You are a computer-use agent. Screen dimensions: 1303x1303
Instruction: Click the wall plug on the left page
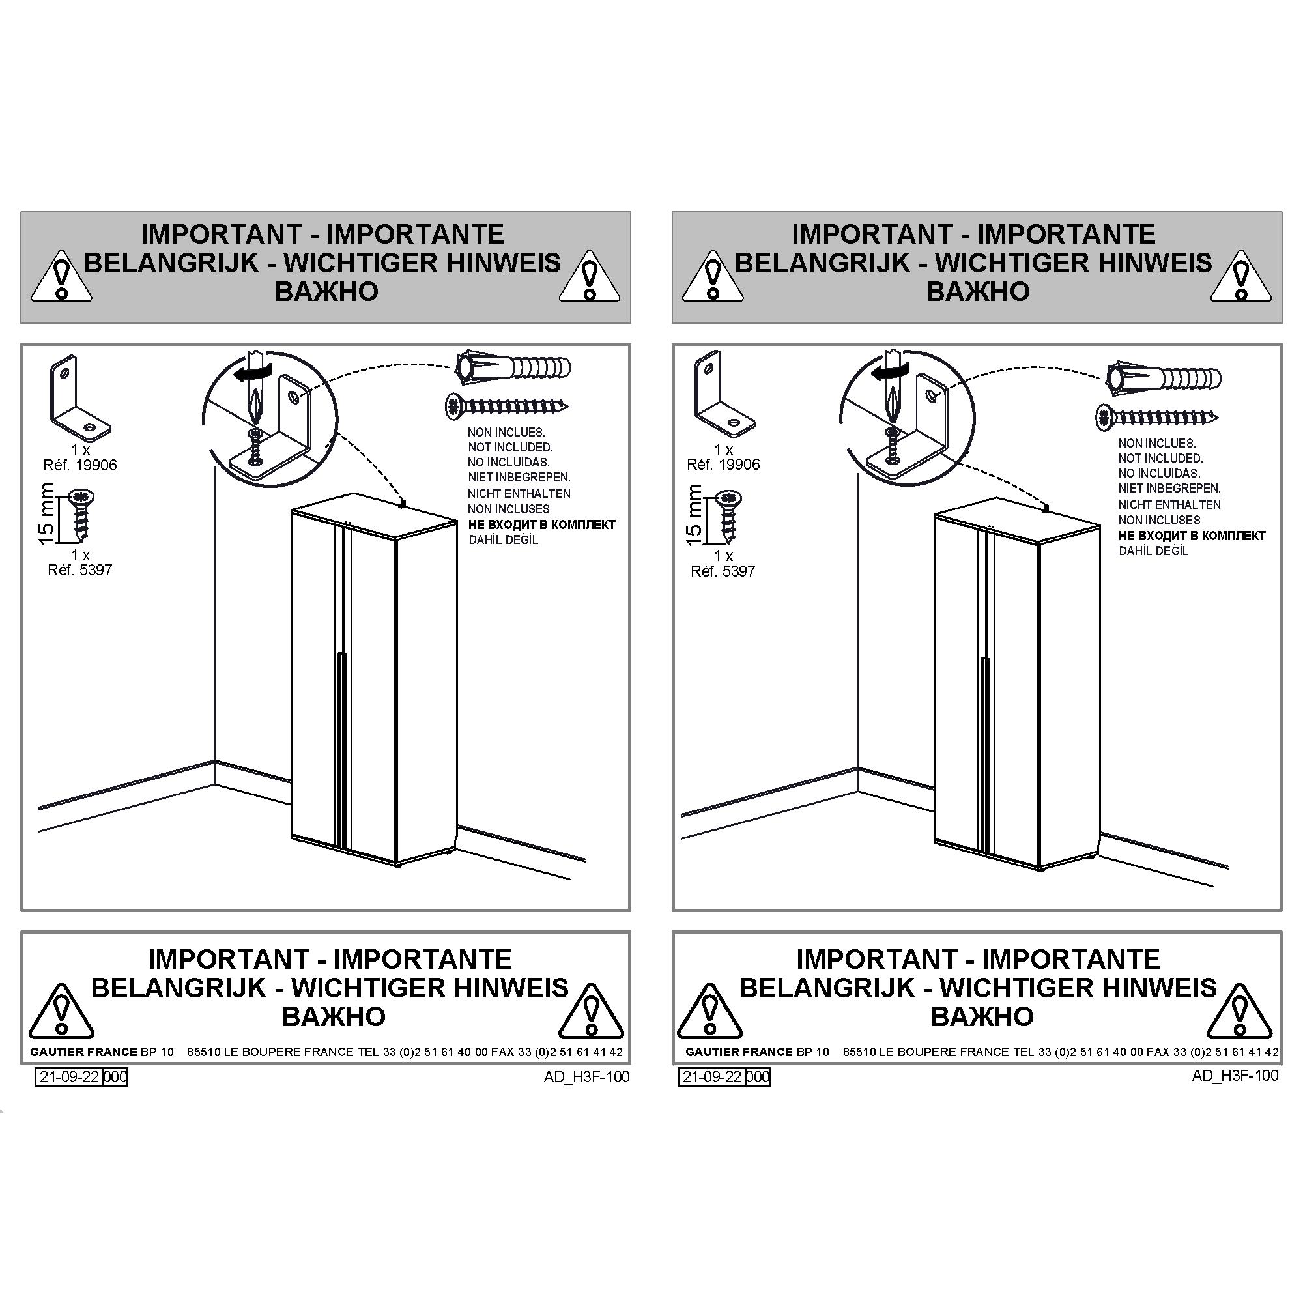click(513, 368)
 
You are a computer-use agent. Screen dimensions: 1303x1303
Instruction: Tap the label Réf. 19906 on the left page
click(80, 465)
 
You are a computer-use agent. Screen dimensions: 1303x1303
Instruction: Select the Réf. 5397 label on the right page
click(723, 571)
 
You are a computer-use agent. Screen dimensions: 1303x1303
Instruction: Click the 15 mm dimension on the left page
click(46, 514)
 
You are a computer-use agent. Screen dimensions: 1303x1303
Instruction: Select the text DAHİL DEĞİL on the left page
click(503, 539)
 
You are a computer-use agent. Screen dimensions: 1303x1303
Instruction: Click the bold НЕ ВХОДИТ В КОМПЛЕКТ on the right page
click(1192, 536)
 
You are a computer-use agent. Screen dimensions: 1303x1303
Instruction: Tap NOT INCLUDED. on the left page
click(510, 447)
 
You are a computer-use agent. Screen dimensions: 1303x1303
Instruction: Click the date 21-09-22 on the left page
click(69, 1076)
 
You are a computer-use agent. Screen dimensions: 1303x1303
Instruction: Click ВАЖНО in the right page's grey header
click(977, 291)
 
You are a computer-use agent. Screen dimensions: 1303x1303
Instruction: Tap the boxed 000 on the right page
click(758, 1076)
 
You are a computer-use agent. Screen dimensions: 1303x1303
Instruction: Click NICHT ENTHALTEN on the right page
click(1169, 504)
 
